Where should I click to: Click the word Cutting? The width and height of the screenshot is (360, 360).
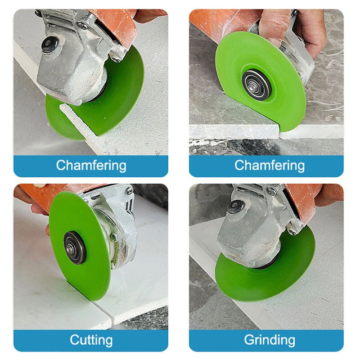(x=90, y=339)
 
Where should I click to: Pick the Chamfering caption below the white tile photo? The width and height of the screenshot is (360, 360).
(x=90, y=165)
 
